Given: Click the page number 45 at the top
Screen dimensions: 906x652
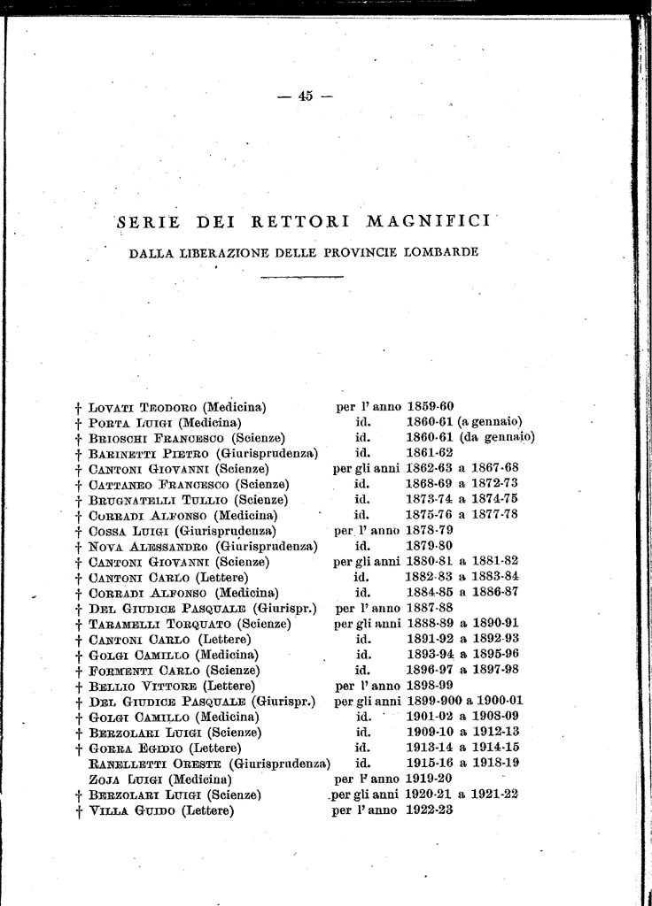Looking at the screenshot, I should coord(305,96).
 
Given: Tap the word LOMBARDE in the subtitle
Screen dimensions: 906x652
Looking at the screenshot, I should coord(440,252).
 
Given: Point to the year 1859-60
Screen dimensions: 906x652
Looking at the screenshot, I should coord(430,407).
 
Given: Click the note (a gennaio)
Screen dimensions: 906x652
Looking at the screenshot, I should coord(490,422).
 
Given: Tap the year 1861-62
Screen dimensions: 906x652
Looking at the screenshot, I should coord(430,453).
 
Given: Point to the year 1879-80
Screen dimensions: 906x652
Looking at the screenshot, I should coord(430,545).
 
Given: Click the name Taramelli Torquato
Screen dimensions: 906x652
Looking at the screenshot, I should coord(151,623).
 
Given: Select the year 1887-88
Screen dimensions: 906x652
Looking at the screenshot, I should coord(430,608).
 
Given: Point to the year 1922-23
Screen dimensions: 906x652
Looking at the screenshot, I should coord(430,809).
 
